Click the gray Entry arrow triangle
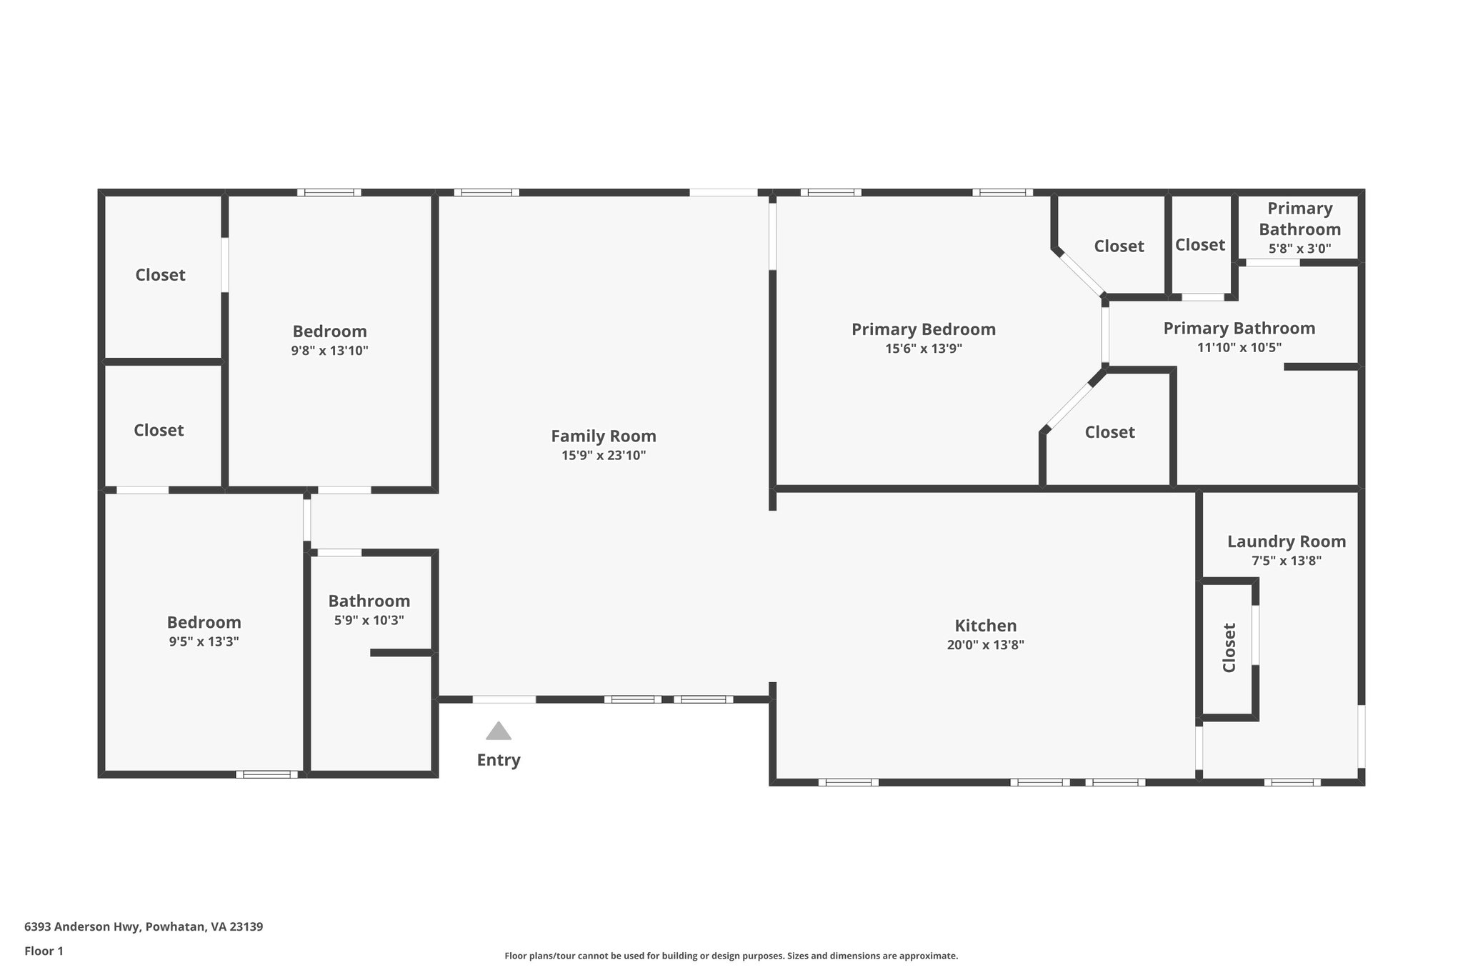point(498,731)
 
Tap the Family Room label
point(603,436)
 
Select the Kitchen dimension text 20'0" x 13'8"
point(985,645)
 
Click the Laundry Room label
point(1286,541)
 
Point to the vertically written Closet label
point(1229,648)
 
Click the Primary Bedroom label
point(923,329)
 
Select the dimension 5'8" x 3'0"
point(1299,249)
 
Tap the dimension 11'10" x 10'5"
point(1239,348)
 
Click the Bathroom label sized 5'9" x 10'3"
point(369,601)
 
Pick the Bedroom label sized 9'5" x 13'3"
point(204,622)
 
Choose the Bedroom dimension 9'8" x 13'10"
point(329,351)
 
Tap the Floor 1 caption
point(44,951)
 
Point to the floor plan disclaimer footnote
point(731,956)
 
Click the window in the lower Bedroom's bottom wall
point(267,774)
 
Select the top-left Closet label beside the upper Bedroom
point(160,275)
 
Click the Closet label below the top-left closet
point(159,430)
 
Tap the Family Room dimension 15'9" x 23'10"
point(603,456)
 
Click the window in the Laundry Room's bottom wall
point(1292,782)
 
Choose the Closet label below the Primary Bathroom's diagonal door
point(1109,432)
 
